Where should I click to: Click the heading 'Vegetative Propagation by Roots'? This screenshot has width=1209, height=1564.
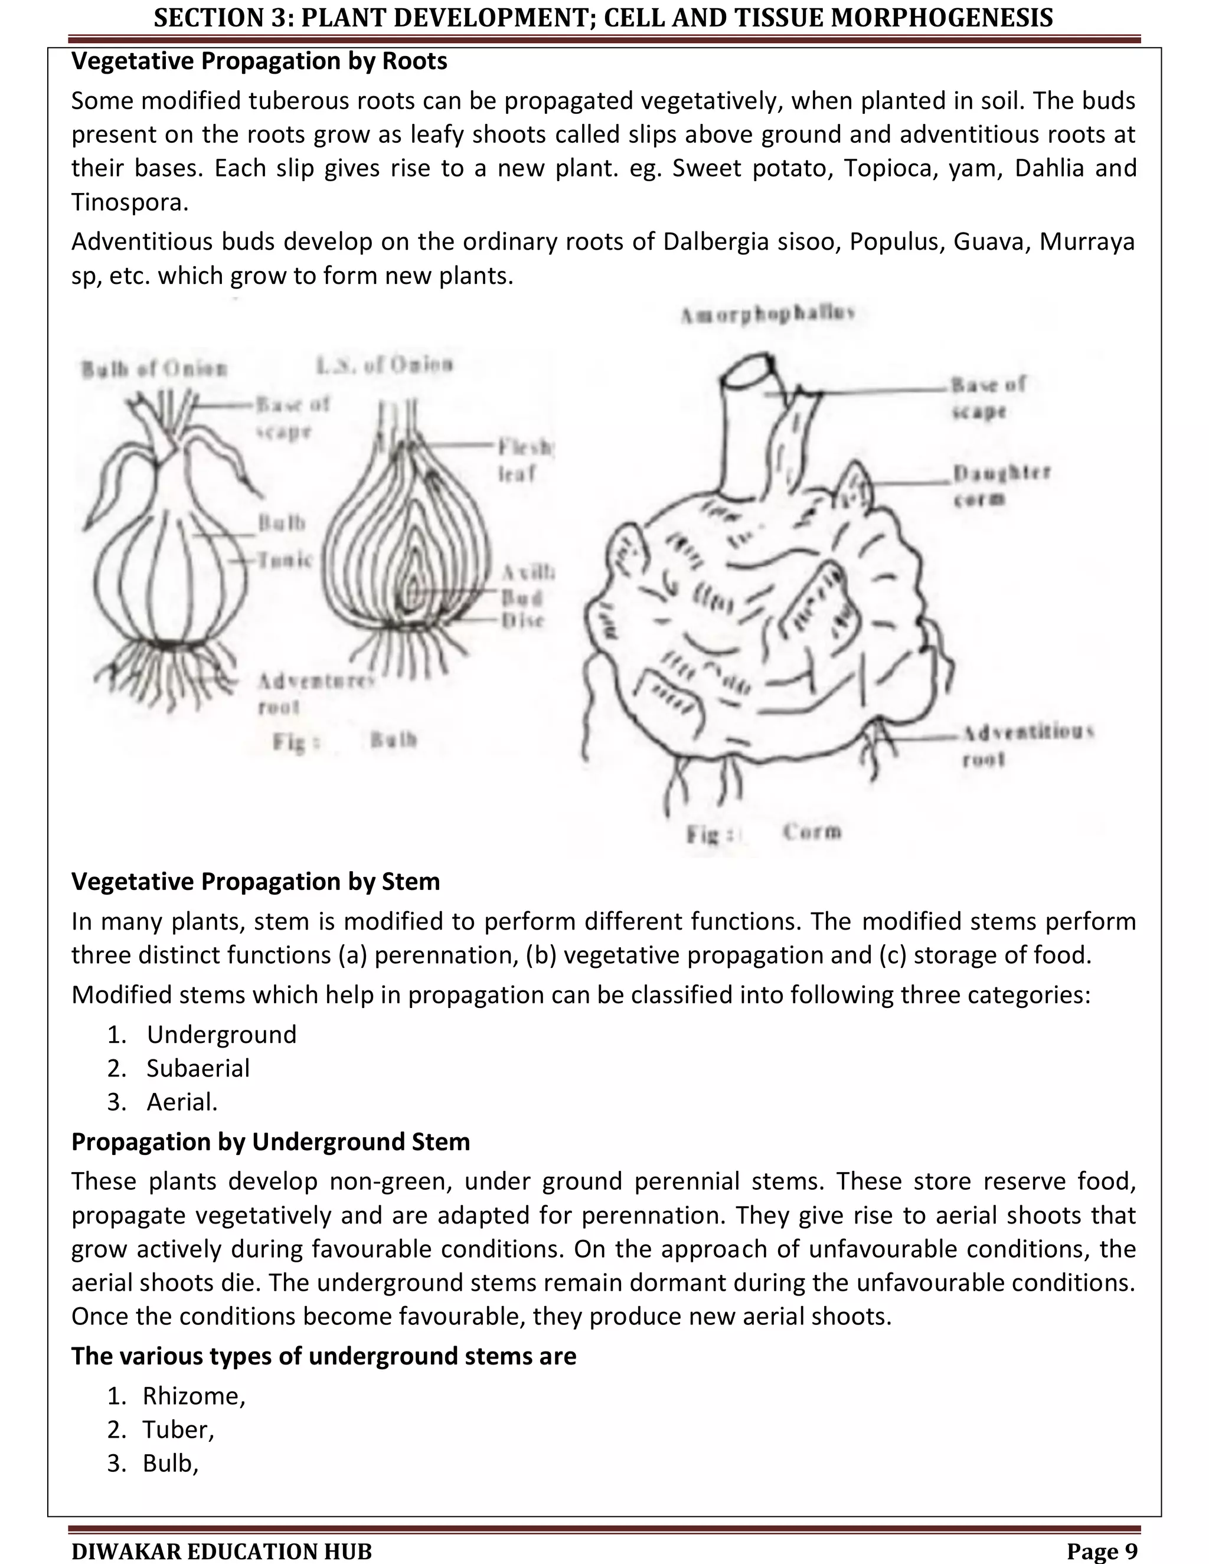click(259, 61)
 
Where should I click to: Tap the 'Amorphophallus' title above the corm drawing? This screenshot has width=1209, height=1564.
click(769, 315)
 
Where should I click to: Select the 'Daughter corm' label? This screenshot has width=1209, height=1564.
click(1001, 485)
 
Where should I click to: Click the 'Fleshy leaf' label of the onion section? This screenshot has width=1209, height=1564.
click(526, 460)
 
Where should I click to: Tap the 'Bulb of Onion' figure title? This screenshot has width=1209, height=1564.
click(154, 369)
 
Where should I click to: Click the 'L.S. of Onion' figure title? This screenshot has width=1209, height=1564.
click(385, 365)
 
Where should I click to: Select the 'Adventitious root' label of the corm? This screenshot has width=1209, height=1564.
click(1027, 745)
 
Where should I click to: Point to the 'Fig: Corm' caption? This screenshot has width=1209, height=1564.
click(763, 832)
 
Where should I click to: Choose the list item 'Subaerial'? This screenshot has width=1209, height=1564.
click(198, 1068)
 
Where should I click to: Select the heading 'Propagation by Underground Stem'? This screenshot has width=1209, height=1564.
click(271, 1141)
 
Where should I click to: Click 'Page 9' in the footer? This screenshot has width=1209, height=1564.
click(1102, 1550)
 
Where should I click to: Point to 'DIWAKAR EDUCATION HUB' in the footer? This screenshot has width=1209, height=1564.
click(222, 1551)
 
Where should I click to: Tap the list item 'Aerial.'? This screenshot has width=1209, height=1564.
click(182, 1101)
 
